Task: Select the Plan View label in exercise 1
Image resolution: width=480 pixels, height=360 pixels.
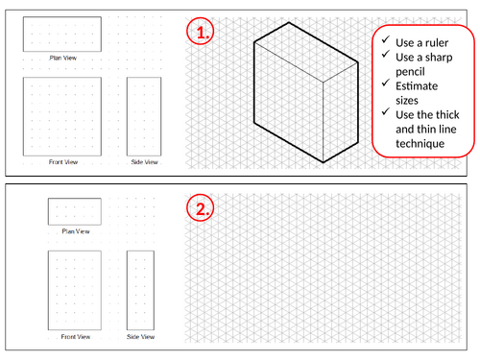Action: point(63,58)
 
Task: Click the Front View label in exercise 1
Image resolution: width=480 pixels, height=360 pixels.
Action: point(63,162)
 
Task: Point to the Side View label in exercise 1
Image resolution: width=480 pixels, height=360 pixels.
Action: point(144,162)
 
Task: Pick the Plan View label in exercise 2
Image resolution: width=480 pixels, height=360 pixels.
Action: point(76,231)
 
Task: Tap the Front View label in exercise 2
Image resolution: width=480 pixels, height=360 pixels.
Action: point(76,337)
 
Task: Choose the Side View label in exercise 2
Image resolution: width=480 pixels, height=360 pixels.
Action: point(140,337)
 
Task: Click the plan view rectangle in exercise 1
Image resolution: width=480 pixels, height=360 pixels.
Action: point(62,17)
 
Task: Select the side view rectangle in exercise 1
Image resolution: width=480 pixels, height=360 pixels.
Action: point(144,78)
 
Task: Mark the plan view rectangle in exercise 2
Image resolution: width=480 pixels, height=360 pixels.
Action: point(75,199)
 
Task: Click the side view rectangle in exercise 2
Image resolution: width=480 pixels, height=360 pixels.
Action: point(140,252)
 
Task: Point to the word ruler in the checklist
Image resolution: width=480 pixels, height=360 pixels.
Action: point(437,43)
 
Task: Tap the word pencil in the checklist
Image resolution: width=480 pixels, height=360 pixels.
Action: point(410,72)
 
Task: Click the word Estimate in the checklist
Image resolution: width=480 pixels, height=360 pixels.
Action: point(417,86)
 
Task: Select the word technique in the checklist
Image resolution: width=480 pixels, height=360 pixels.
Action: point(420,144)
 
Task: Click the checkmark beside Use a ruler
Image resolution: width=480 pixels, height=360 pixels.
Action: point(386,39)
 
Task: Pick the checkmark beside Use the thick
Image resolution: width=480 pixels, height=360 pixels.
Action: point(386,111)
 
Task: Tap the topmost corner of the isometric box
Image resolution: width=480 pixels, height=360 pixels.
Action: point(289,22)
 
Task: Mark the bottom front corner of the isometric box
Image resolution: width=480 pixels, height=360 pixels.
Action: point(324,162)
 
